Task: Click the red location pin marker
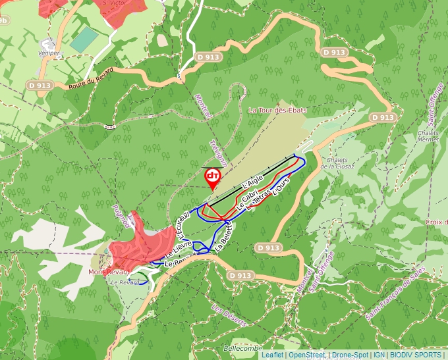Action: [212, 177]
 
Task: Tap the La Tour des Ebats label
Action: [277, 111]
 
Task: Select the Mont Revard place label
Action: [109, 272]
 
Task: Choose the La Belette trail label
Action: [224, 238]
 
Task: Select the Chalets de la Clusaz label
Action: [338, 163]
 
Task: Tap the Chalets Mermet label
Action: [428, 136]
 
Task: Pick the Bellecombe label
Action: [243, 348]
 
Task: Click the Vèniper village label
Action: [49, 53]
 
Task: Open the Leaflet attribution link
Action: [272, 355]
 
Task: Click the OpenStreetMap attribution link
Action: [306, 355]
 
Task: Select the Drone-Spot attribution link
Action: [350, 355]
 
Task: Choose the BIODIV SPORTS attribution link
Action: [416, 355]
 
